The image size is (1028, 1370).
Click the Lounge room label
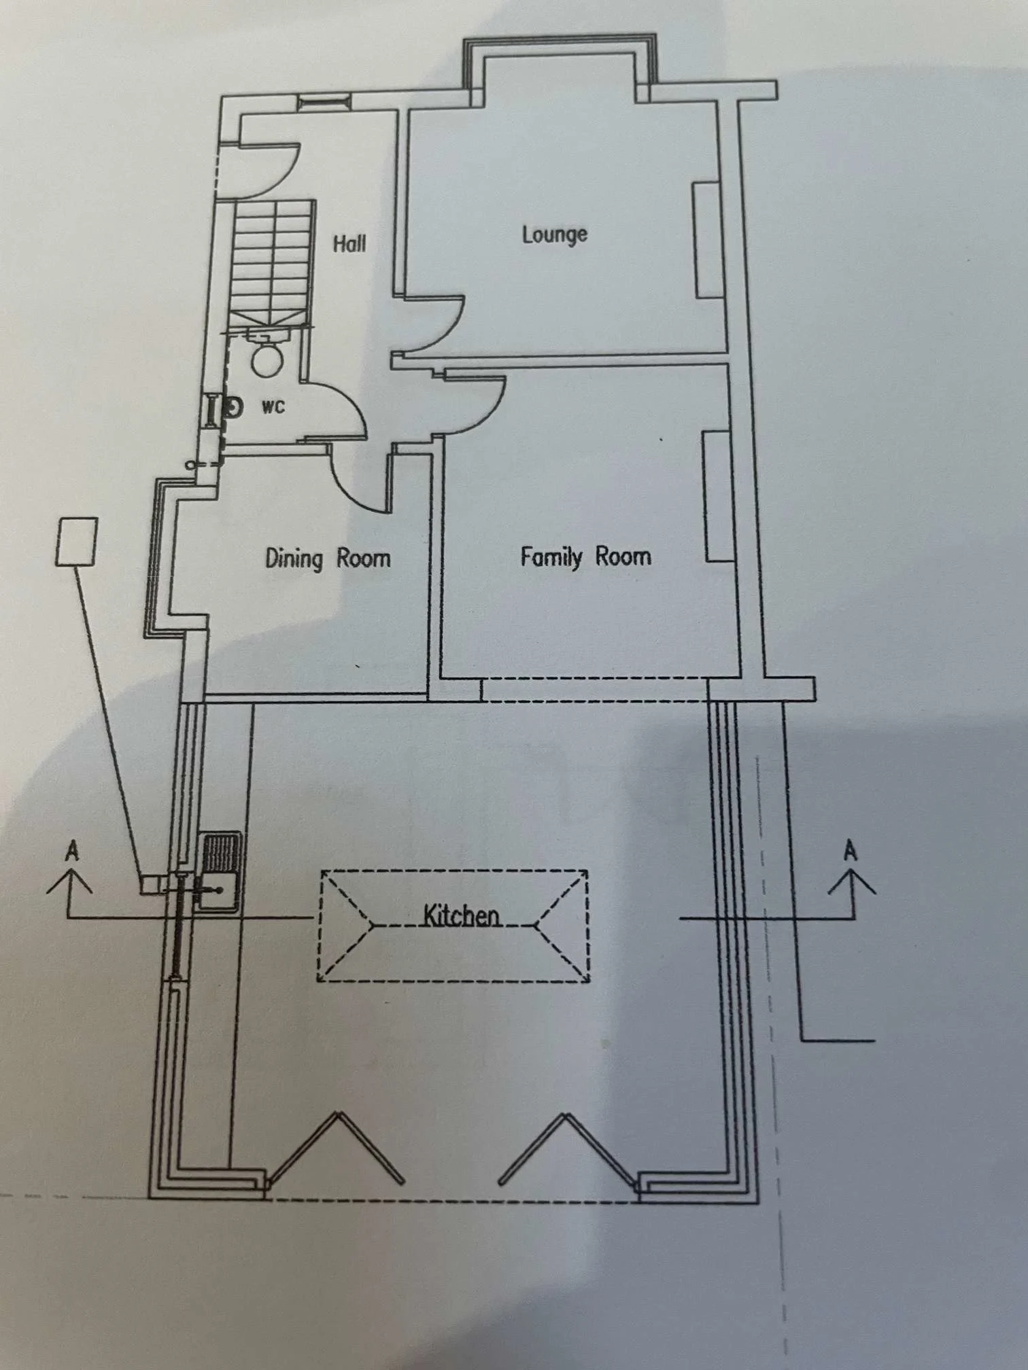(x=554, y=234)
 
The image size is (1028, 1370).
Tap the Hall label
(x=349, y=243)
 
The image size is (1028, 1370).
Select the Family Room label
(x=585, y=557)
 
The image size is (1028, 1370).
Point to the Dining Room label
(x=328, y=559)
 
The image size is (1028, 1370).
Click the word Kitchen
(x=462, y=915)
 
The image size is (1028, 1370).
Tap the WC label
(x=273, y=407)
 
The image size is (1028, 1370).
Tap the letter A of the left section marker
(x=72, y=851)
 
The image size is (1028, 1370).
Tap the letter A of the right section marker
(x=850, y=851)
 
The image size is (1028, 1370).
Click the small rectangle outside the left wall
(x=75, y=541)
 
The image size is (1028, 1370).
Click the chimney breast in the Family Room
(x=718, y=497)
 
